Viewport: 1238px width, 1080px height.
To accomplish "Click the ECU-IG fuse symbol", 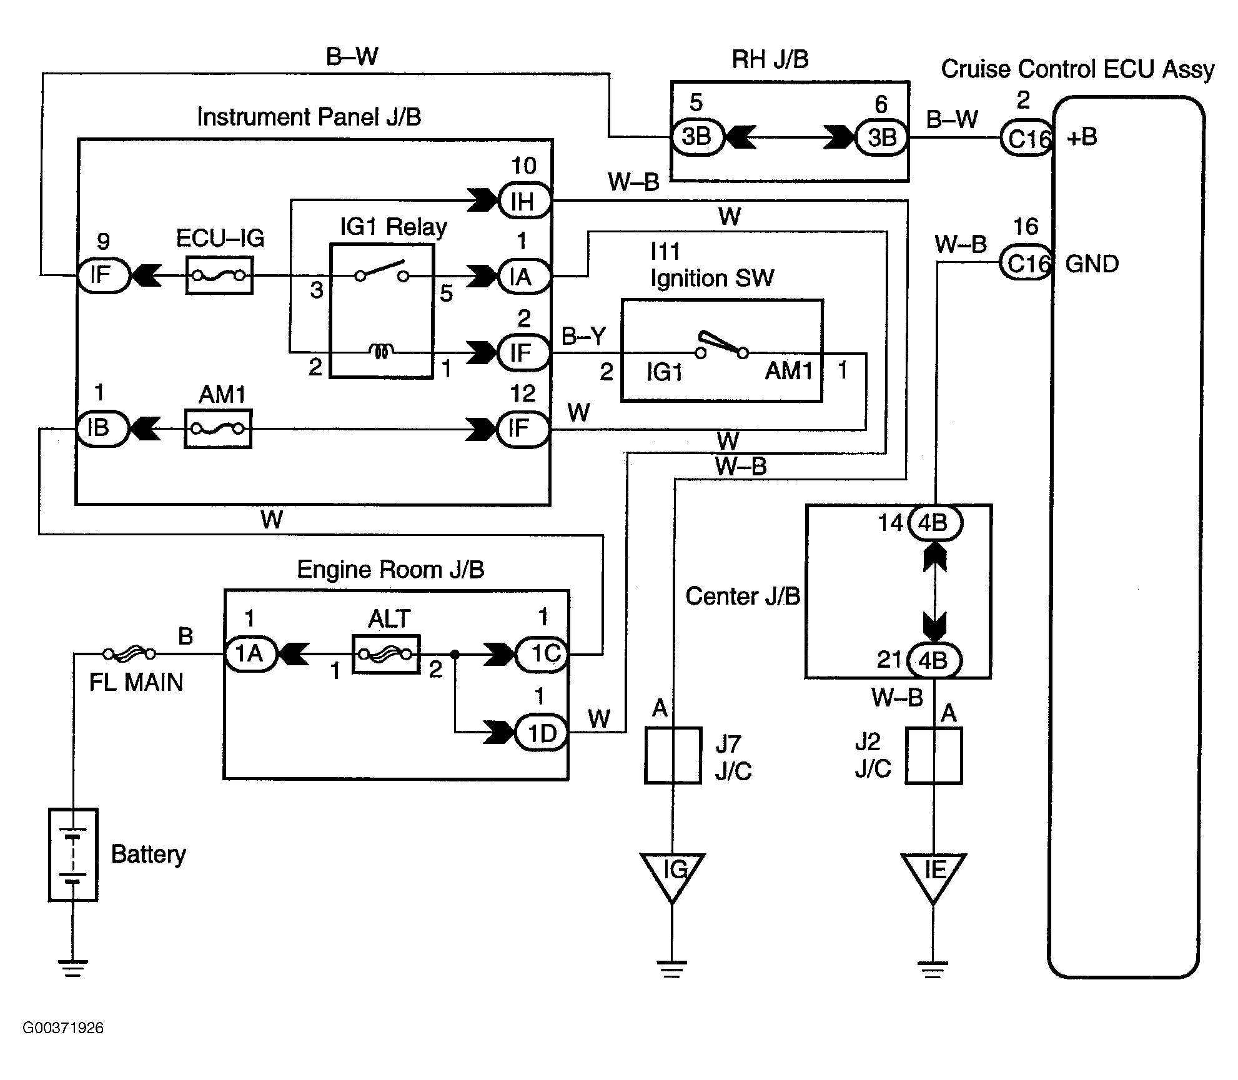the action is point(219,275).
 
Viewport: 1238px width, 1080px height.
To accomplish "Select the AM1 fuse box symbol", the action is point(218,429).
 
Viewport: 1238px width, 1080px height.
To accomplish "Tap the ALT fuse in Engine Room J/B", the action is point(386,654).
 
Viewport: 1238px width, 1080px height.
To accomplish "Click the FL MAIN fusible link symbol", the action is point(130,654).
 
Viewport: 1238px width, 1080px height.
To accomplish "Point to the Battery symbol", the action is point(73,855).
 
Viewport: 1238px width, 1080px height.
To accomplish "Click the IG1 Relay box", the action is point(381,311).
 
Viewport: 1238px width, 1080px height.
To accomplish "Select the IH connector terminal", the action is point(523,201).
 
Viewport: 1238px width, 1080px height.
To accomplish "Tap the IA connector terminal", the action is point(523,276).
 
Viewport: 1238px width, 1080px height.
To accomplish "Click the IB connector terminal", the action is point(101,429).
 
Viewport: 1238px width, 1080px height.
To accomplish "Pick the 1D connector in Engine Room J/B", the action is point(541,733).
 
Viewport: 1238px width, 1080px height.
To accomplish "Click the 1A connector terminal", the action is point(250,654).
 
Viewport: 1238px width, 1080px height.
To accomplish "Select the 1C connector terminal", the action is point(542,654).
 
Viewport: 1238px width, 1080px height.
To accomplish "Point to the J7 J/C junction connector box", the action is point(673,755).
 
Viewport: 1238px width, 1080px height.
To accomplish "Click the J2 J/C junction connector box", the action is point(934,755).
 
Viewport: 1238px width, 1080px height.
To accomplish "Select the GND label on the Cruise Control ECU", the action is point(1092,264).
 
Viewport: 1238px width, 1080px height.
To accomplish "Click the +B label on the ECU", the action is point(1082,137).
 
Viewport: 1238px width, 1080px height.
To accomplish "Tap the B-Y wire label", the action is point(583,336).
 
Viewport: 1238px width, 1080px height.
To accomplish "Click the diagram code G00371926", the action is point(63,1028).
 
